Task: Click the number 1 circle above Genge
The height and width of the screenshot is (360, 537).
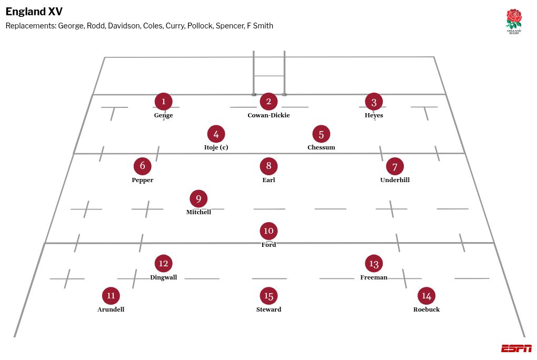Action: click(163, 102)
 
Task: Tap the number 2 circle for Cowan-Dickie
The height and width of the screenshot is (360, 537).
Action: click(268, 102)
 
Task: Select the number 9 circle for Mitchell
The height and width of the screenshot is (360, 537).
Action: click(198, 199)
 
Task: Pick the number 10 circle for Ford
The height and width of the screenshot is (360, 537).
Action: click(268, 231)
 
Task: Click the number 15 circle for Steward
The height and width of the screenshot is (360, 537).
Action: click(268, 296)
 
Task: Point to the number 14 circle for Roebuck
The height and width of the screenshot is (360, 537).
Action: click(426, 296)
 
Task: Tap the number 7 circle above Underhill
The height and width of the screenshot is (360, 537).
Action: click(395, 166)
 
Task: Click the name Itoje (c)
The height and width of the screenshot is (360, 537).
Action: click(216, 147)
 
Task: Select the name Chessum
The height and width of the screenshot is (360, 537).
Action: click(321, 147)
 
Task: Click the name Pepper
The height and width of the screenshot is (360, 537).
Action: click(142, 180)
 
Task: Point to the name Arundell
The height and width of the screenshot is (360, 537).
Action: click(111, 309)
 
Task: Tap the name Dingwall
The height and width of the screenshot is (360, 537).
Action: click(163, 277)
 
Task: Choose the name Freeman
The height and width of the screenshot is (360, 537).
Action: click(374, 277)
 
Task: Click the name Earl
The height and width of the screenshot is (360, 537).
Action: click(268, 180)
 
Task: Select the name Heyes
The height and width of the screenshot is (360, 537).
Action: click(374, 115)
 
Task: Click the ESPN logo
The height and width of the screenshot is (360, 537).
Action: click(516, 348)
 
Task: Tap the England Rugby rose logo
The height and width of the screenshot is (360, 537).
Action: click(513, 21)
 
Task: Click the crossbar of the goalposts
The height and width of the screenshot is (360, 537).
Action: click(269, 76)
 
